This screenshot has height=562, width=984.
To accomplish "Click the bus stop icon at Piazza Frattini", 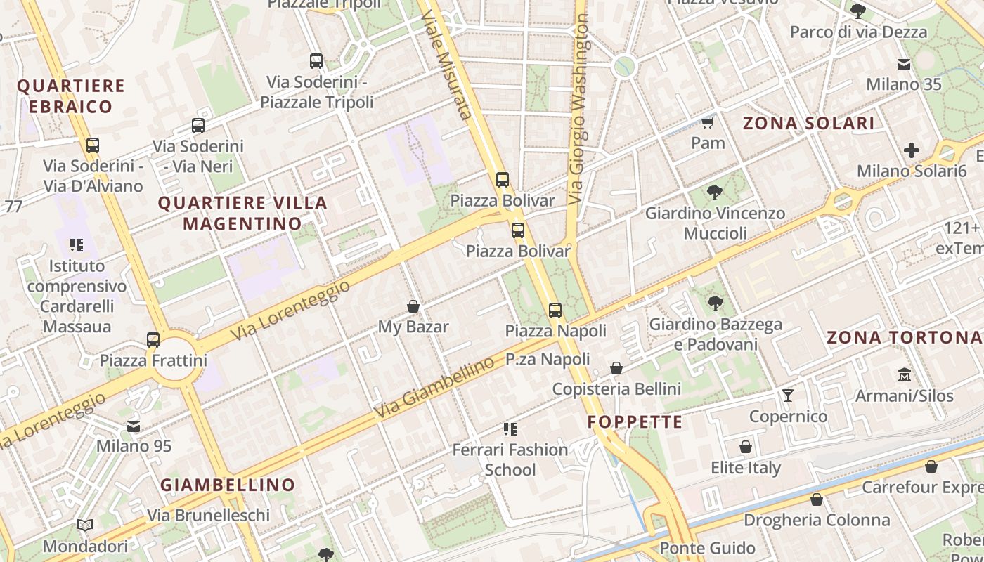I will click(153, 340).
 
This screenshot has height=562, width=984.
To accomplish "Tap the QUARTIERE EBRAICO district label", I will click(70, 96).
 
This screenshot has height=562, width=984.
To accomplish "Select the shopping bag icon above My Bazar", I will click(413, 306).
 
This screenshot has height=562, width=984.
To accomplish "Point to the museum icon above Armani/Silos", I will click(904, 375).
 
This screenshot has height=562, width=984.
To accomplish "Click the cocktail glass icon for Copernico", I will click(788, 396).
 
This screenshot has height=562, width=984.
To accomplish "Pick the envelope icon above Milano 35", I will click(904, 65).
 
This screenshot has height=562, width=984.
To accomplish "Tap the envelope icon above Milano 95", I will click(134, 426).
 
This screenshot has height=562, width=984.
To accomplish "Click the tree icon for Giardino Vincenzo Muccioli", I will click(715, 192).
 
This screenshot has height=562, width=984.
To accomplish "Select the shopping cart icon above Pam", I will click(708, 123).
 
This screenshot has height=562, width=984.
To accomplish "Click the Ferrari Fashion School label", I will click(510, 459).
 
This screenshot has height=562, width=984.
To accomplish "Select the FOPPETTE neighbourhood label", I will click(635, 421).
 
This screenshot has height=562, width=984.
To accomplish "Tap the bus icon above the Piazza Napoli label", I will click(555, 310).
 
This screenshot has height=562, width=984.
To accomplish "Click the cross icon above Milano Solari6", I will click(912, 150).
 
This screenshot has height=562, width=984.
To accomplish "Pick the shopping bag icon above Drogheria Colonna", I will click(817, 499).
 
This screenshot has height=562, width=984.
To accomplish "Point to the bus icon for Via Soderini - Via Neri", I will click(198, 126).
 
